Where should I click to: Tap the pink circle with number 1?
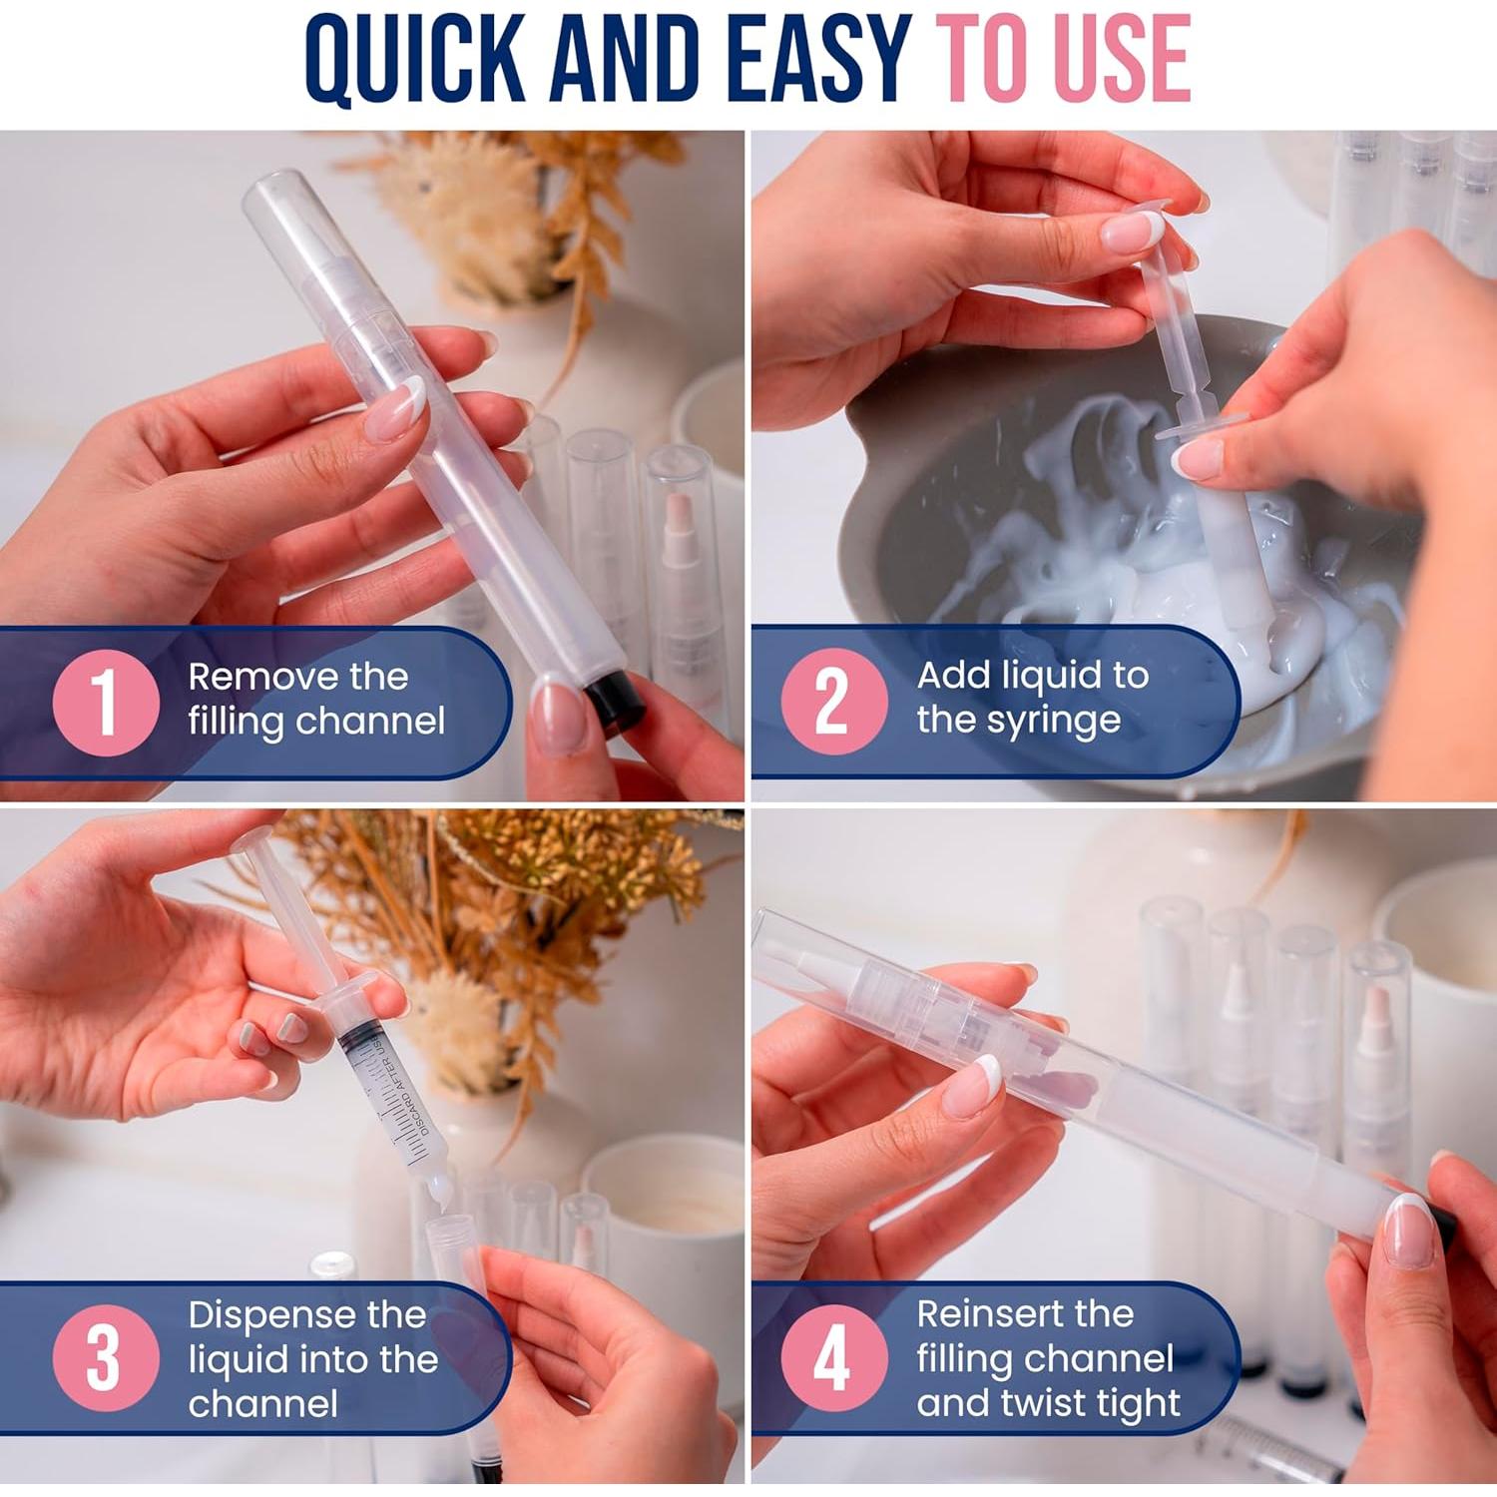pyautogui.click(x=105, y=702)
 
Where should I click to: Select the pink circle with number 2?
pyautogui.click(x=833, y=702)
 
